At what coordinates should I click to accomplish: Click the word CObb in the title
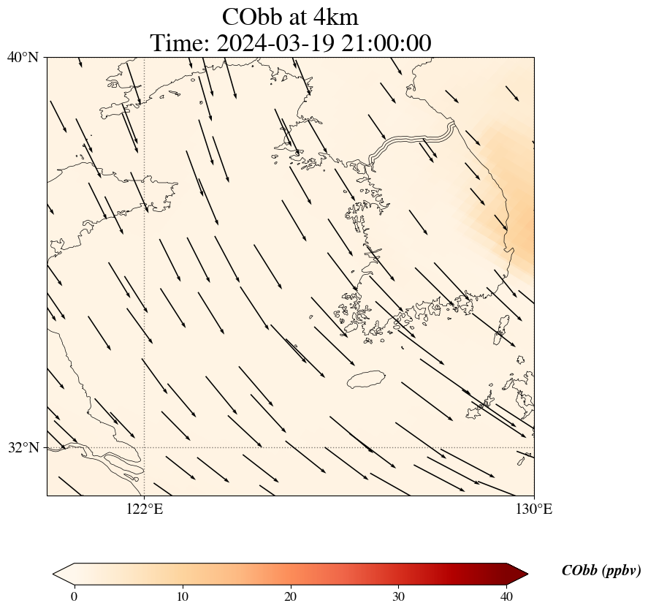(x=251, y=17)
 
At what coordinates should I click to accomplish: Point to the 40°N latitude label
(x=23, y=57)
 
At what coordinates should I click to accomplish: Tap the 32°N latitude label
(x=23, y=447)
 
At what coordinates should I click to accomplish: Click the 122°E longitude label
(x=145, y=509)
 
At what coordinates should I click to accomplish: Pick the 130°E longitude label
(x=534, y=509)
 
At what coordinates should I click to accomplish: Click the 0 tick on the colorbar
(x=74, y=596)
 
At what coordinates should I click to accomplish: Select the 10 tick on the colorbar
(x=182, y=596)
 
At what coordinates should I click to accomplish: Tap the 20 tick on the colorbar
(x=291, y=596)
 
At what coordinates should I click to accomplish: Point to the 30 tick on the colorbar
(x=399, y=596)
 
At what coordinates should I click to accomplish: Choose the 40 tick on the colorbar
(x=507, y=596)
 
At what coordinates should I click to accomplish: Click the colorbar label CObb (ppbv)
(x=601, y=571)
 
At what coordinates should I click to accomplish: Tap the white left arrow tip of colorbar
(x=58, y=574)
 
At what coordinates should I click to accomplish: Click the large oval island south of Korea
(x=366, y=379)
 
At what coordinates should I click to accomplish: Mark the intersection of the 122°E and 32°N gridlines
(x=145, y=447)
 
